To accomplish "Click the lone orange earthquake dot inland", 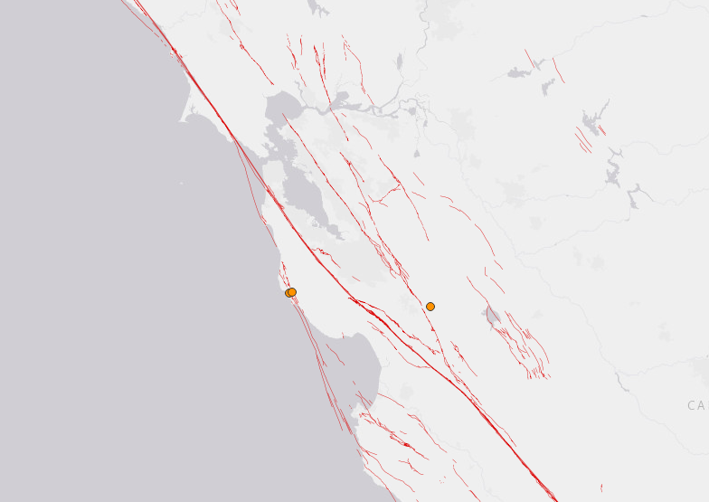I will (430, 307).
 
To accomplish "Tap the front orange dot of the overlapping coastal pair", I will (292, 292).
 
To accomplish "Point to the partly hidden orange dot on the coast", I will (288, 294).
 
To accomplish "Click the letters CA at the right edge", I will (696, 405).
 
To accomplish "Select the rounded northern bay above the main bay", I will (282, 109).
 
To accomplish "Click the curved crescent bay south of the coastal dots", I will (348, 357).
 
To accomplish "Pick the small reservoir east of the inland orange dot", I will (492, 317).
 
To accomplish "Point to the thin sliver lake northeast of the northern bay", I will (399, 62).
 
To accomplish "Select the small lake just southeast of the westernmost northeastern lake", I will (548, 87).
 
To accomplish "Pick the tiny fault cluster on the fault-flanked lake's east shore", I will (602, 130).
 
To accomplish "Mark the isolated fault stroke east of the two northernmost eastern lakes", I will (558, 70).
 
